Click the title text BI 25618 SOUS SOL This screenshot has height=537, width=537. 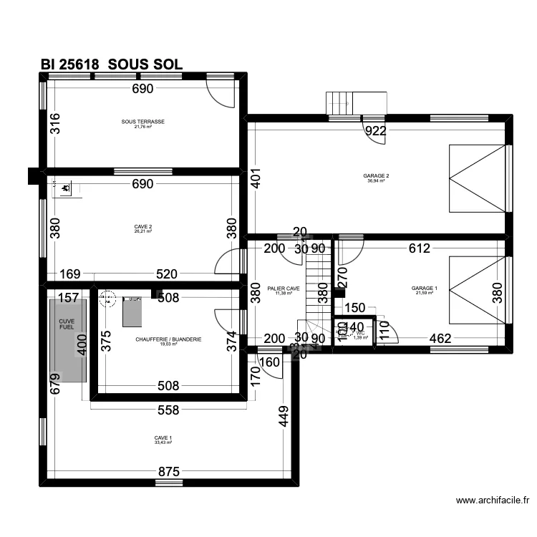[112, 64]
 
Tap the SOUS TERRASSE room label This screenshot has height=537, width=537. [143, 122]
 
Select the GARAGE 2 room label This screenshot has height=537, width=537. [376, 176]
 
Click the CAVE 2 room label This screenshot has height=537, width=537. [143, 227]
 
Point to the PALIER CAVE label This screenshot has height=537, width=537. [284, 289]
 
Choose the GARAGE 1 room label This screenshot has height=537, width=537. [424, 289]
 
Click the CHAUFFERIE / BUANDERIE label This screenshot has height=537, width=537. [168, 339]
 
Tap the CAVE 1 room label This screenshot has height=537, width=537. [163, 438]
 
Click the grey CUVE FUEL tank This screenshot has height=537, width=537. [68, 340]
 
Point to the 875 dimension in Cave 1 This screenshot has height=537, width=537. [169, 472]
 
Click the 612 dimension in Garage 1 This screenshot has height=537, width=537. [419, 248]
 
